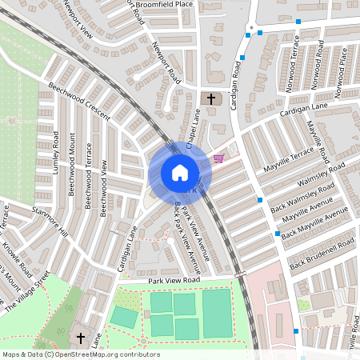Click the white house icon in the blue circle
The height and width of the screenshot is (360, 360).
coord(180,173)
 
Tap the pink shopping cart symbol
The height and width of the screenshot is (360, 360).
coord(218,158)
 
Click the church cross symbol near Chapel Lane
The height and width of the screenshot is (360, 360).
coord(211,99)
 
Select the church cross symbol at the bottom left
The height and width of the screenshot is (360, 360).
coord(82,337)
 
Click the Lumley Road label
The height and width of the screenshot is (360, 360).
coord(56,155)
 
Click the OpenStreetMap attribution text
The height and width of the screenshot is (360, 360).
coord(81,354)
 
